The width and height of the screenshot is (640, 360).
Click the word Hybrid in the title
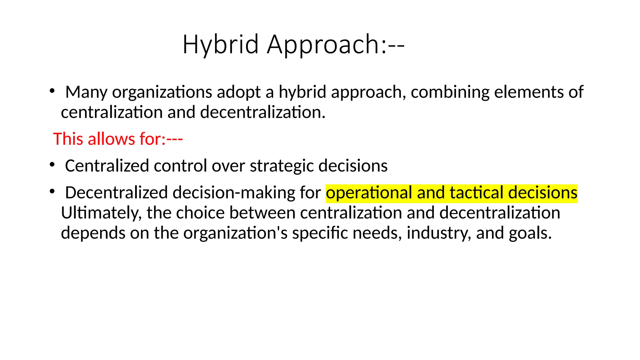pyautogui.click(x=221, y=44)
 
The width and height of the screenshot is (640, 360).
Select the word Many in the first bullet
pyautogui.click(x=86, y=92)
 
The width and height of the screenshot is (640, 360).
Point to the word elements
pyautogui.click(x=526, y=92)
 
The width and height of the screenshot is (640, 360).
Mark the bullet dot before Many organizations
pyautogui.click(x=52, y=91)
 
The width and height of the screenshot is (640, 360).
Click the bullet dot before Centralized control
pyautogui.click(x=52, y=164)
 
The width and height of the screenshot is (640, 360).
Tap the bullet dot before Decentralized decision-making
pyautogui.click(x=52, y=191)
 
